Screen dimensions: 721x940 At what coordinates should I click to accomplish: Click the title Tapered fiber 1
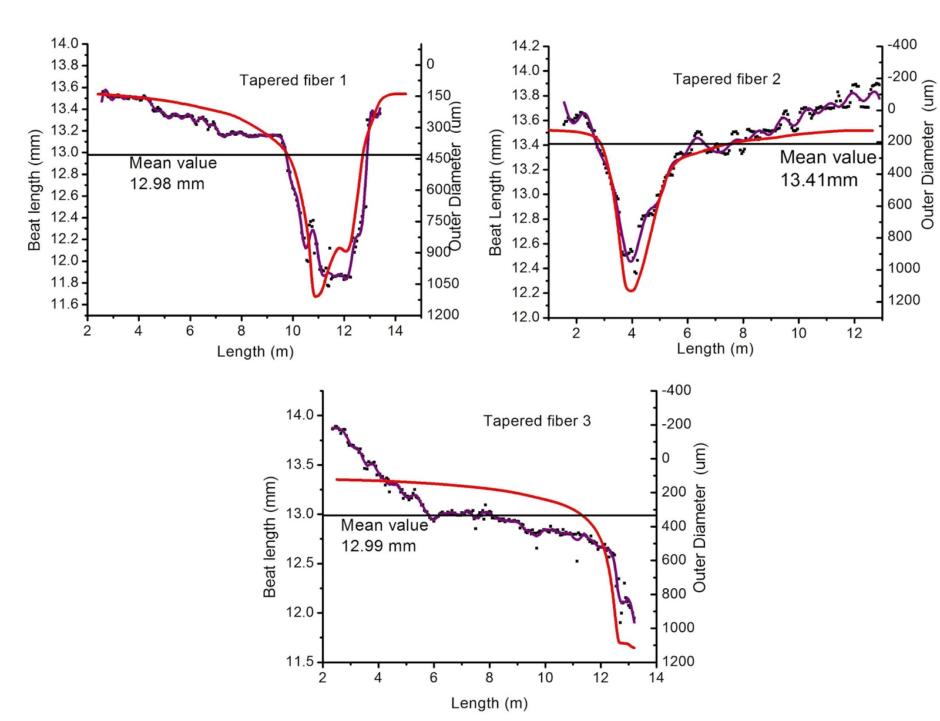293,81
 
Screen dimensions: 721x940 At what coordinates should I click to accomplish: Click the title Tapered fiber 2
727,79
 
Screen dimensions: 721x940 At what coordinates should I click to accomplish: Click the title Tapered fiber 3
537,421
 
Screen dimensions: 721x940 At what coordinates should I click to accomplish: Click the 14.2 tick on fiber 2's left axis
525,46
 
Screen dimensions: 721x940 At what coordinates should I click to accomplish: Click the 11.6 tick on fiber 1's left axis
65,304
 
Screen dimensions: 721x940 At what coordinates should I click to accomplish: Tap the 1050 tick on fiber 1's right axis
443,283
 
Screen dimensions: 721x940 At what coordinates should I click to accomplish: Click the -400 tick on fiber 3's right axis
676,390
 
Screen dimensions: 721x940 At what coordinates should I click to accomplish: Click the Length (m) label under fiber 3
489,703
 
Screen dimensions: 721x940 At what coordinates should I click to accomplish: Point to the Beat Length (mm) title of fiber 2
495,193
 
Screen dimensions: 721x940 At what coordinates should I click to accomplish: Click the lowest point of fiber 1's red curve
316,297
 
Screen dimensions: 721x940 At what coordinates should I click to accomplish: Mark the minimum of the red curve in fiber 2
631,290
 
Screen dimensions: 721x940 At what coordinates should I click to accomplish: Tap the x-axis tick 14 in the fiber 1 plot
395,331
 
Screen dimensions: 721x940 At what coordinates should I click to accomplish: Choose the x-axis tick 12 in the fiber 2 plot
854,333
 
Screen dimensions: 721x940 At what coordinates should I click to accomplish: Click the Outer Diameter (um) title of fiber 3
700,517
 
